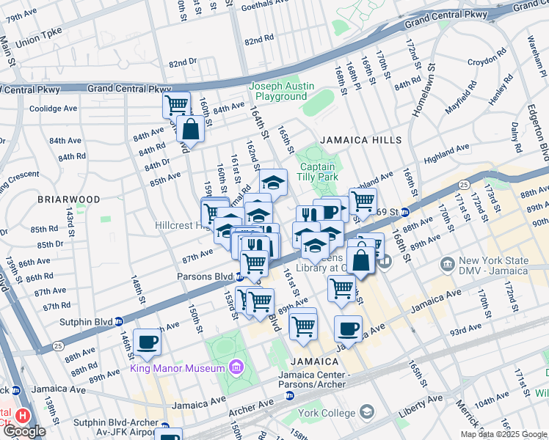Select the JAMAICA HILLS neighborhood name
360,140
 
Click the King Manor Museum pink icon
236,367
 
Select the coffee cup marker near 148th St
147,342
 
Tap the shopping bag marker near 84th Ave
190,129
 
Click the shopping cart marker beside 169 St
363,200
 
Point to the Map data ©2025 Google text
503,434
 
